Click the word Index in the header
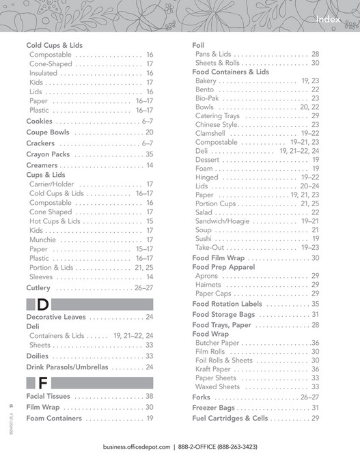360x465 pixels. (x=333, y=20)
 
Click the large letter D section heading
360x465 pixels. (x=42, y=304)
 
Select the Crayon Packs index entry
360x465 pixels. (x=47, y=155)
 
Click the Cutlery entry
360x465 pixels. (x=38, y=288)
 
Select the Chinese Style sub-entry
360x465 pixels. (x=217, y=125)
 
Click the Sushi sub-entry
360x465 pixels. (x=204, y=239)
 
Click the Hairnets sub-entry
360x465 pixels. (x=209, y=285)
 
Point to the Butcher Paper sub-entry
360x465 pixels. (x=217, y=343)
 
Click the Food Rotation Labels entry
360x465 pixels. (x=227, y=304)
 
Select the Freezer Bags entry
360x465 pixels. (x=214, y=408)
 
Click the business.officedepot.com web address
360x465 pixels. (x=137, y=447)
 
